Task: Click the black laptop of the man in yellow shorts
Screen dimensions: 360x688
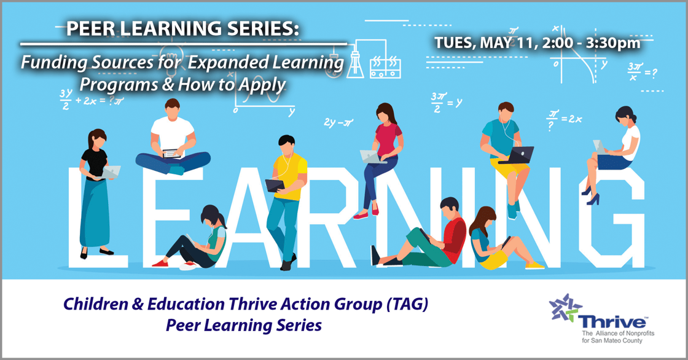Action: pyautogui.click(x=520, y=155)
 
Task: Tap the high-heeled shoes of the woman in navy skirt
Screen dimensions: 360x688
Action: pyautogui.click(x=591, y=196)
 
